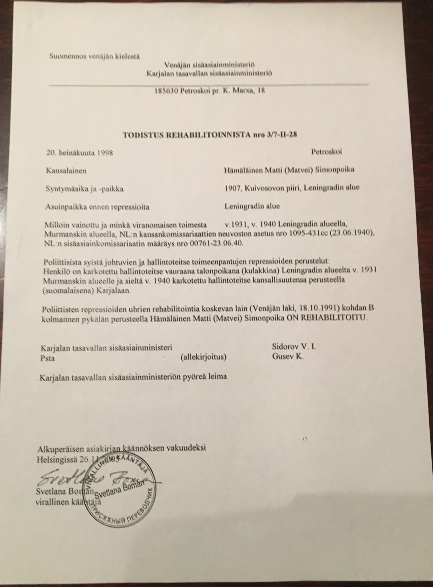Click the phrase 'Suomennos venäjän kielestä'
tap(94, 56)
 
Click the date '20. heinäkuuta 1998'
tap(80, 152)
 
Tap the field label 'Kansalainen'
tap(66, 171)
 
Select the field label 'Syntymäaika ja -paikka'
tap(85, 189)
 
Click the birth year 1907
tap(231, 187)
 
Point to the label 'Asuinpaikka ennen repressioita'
tap(97, 207)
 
